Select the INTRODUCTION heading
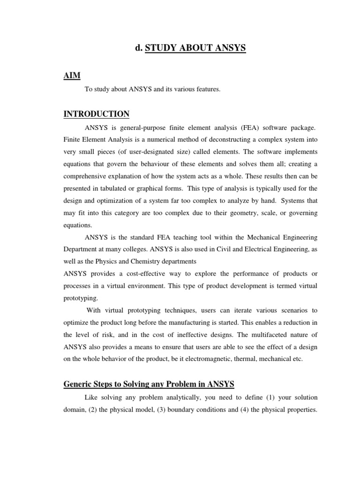96,114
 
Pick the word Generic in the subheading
78,385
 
